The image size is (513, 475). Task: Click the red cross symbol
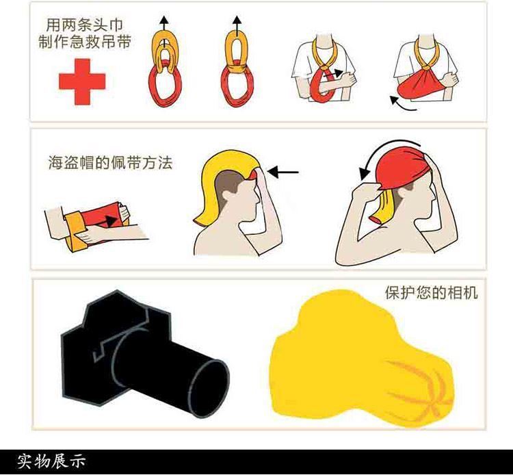pos(82,81)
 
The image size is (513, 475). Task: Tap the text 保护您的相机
pos(431,292)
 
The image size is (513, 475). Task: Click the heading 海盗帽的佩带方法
pos(110,162)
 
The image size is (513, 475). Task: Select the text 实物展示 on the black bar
pos(51,461)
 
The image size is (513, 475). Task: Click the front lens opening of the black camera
pos(209,388)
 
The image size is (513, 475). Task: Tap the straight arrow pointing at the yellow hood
pos(282,172)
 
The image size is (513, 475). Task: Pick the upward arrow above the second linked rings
pos(237,26)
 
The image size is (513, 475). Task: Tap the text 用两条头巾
pos(84,25)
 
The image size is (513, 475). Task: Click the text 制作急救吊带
pos(84,42)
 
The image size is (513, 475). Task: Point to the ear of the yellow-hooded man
pos(227,196)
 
